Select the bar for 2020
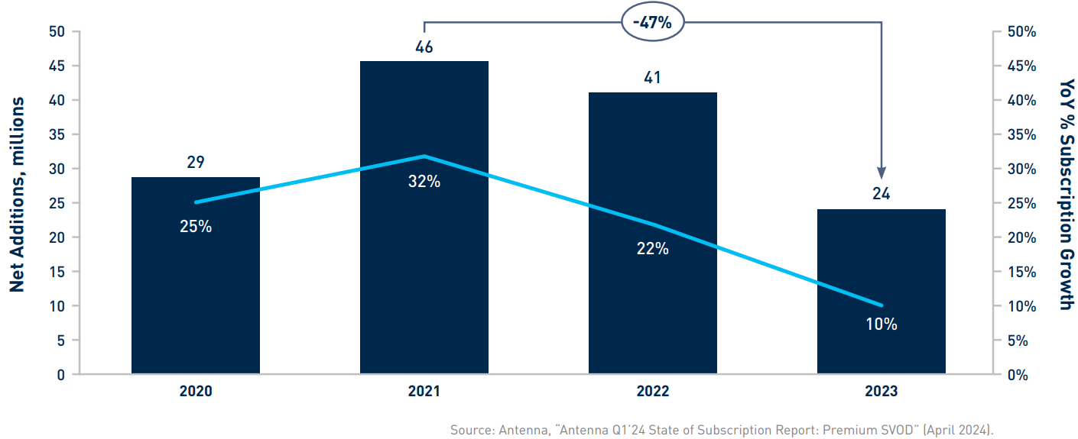coord(195,290)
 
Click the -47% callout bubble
coord(652,22)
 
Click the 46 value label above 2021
coord(424,47)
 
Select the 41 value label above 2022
coord(652,78)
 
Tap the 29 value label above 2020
coord(195,163)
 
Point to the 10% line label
coord(881,324)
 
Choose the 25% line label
coord(196,227)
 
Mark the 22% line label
coord(652,248)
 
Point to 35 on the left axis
coord(56,134)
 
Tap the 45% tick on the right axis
coord(1020,66)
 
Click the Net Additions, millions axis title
coord(18,195)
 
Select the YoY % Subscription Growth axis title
coord(1066,195)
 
